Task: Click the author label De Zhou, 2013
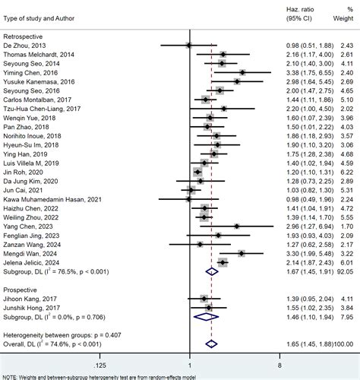pos(24,46)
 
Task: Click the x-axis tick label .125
pos(99,365)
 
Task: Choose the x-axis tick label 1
pos(190,365)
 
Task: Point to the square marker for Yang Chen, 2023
pos(237,226)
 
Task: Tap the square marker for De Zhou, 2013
pos(189,46)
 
